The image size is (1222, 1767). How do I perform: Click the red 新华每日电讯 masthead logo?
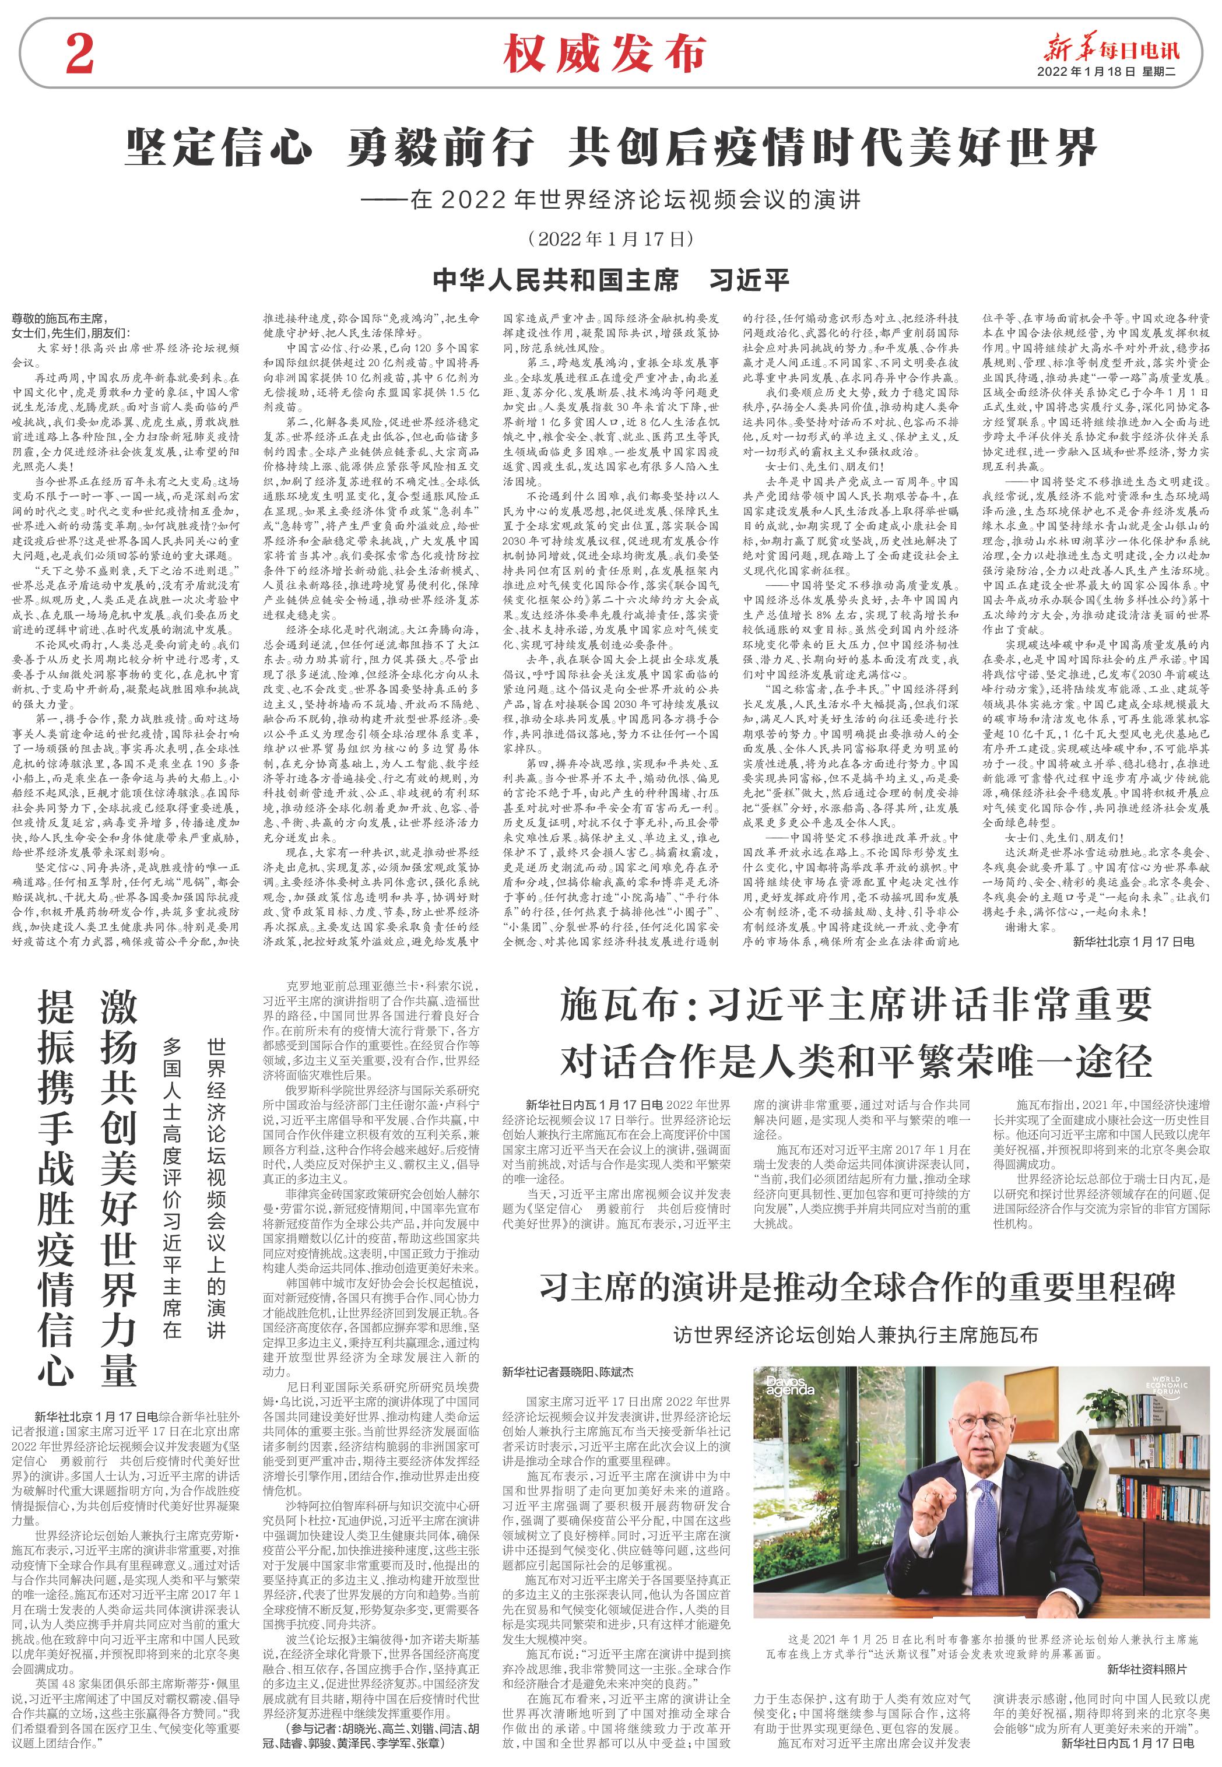pyautogui.click(x=1112, y=49)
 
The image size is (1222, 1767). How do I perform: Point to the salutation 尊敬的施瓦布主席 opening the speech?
pyautogui.click(x=59, y=318)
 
